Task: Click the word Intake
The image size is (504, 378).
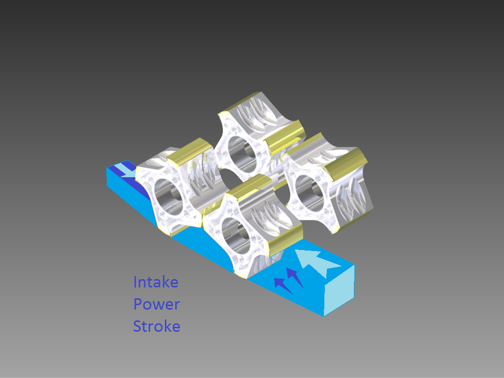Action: coord(155,282)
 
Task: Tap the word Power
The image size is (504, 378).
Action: coord(156,304)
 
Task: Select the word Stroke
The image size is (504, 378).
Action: coord(157,326)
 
